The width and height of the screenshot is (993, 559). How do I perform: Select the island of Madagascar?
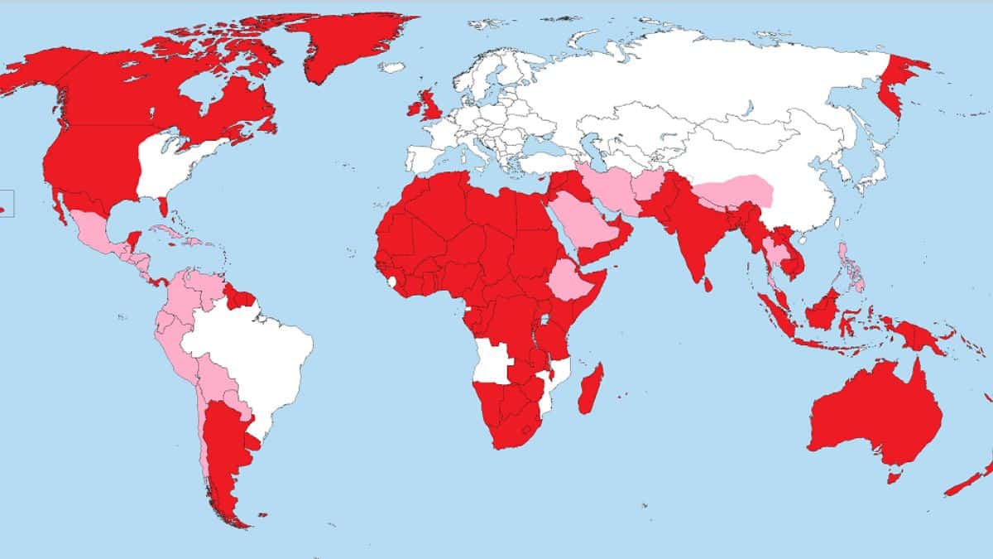pos(589,389)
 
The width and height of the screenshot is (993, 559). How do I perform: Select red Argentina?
pos(223,447)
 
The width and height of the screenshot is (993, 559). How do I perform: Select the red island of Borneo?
pos(823,311)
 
